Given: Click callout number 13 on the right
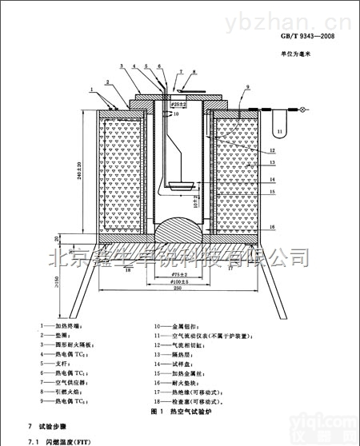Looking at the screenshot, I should (x=272, y=162).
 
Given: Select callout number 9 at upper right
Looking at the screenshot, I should (x=248, y=86).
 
